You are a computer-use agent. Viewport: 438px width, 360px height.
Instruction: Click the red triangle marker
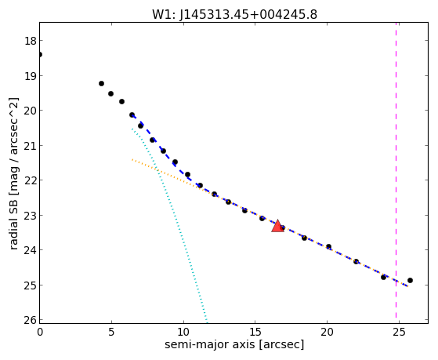pos(277,226)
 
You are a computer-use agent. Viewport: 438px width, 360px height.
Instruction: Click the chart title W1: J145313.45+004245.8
pos(234,15)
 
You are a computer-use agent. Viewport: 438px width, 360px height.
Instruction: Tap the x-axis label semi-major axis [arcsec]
pos(234,344)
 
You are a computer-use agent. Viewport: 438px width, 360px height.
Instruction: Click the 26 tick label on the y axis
pos(31,320)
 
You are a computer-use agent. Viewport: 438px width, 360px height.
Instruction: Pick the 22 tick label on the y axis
pos(31,180)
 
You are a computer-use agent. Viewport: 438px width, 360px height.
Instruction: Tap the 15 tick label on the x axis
pos(255,332)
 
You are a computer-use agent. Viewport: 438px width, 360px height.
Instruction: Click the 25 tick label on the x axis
pos(399,332)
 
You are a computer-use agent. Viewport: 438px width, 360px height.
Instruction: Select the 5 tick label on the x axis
pos(111,332)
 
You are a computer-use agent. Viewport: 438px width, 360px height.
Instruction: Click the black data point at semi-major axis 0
pos(40,54)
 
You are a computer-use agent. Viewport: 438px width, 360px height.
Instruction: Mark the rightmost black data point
pos(410,280)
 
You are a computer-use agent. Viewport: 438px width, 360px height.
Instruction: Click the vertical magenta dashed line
pos(396,173)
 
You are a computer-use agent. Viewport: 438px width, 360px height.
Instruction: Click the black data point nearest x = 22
pos(357,261)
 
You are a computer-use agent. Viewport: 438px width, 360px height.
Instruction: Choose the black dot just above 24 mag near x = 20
pos(329,246)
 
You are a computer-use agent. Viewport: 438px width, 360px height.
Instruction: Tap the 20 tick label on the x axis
pos(327,332)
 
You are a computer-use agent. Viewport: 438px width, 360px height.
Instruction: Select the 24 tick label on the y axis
pos(31,250)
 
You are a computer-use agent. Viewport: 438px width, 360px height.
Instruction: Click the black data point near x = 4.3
pos(101,83)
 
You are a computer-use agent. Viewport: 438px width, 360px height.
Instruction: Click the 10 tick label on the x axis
pos(183,332)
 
